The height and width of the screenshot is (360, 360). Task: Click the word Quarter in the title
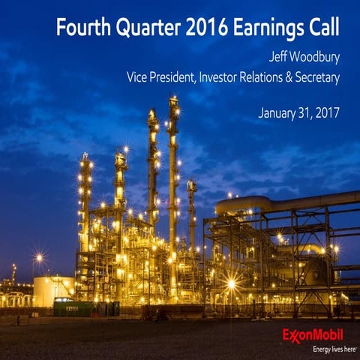(141, 28)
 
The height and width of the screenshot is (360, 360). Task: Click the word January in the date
(279, 114)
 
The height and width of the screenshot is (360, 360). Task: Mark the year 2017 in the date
(327, 114)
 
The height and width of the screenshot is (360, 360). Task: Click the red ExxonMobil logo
(313, 334)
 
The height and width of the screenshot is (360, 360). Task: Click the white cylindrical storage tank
(52, 291)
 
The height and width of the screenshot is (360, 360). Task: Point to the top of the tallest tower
(173, 101)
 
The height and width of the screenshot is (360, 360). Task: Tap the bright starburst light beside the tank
(38, 258)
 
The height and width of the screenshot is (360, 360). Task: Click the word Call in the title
(322, 28)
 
